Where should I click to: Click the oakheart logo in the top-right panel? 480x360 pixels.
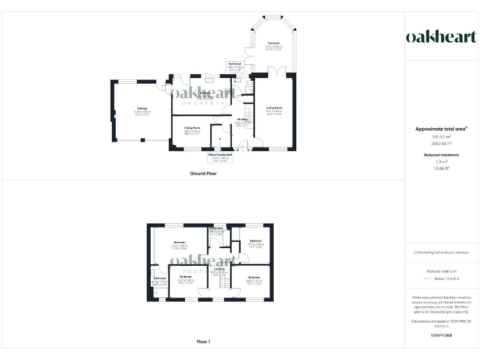(x=441, y=37)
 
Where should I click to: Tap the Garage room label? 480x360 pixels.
(x=142, y=109)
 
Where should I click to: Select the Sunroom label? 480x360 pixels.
(x=274, y=43)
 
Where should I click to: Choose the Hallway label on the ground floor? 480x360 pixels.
(x=242, y=119)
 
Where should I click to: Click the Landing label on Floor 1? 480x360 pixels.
(x=219, y=269)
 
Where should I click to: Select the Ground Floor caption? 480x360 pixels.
(x=203, y=173)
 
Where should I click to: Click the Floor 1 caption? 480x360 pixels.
(x=203, y=342)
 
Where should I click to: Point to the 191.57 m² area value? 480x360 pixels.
(x=441, y=136)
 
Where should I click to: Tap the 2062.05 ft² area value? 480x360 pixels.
(x=441, y=143)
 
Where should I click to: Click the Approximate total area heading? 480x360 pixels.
(x=441, y=129)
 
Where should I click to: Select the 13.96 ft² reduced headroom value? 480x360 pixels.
(x=441, y=168)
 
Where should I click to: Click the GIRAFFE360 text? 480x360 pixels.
(x=441, y=336)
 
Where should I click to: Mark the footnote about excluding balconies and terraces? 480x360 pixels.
(x=441, y=252)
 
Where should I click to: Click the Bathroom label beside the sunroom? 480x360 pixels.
(x=235, y=64)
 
